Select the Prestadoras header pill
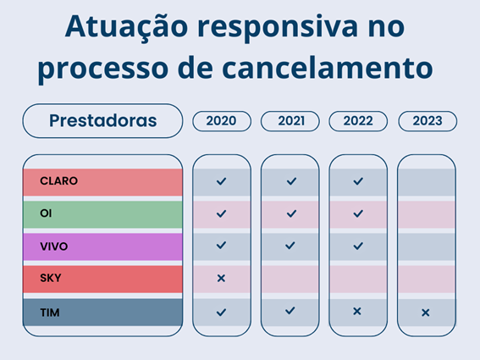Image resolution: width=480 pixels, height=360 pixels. coord(102,120)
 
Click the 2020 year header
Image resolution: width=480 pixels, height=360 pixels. coord(221,120)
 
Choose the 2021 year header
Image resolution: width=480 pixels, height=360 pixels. coord(290,120)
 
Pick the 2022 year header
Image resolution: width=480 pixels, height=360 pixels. coord(358,120)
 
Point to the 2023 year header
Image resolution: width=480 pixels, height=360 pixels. coord(427,120)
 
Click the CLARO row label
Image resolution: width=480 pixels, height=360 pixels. coord(59,180)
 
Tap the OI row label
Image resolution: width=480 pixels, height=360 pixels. coord(46,213)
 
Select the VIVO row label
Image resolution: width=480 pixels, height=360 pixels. coord(54,246)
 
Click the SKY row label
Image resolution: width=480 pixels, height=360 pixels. coord(51,278)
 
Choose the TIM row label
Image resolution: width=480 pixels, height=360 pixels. coord(49,312)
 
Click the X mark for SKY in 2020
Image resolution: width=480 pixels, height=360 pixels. coord(221,278)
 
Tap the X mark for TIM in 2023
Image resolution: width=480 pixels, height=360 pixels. coord(425,313)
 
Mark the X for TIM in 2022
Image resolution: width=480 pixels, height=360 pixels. coord(357,311)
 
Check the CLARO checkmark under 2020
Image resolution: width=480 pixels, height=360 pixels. coord(221,181)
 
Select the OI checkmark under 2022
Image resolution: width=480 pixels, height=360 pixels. coord(357,213)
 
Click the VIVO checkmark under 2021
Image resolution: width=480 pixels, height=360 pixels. coord(290,246)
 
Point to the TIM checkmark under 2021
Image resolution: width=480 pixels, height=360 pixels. coord(290,311)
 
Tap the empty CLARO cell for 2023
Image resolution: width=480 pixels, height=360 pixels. coord(426,181)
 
